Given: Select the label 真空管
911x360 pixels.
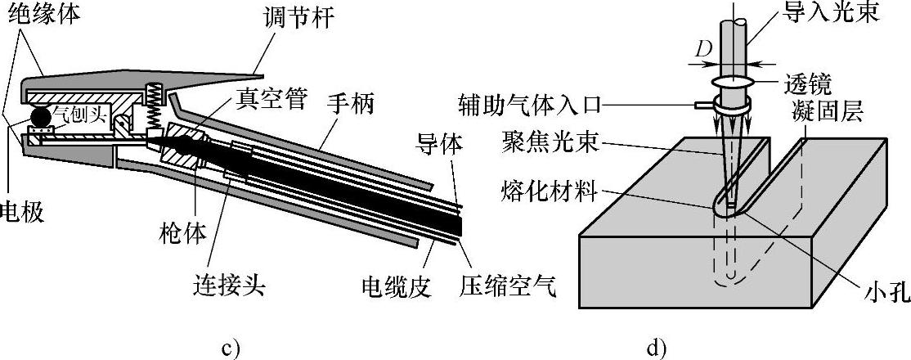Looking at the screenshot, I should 272,101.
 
